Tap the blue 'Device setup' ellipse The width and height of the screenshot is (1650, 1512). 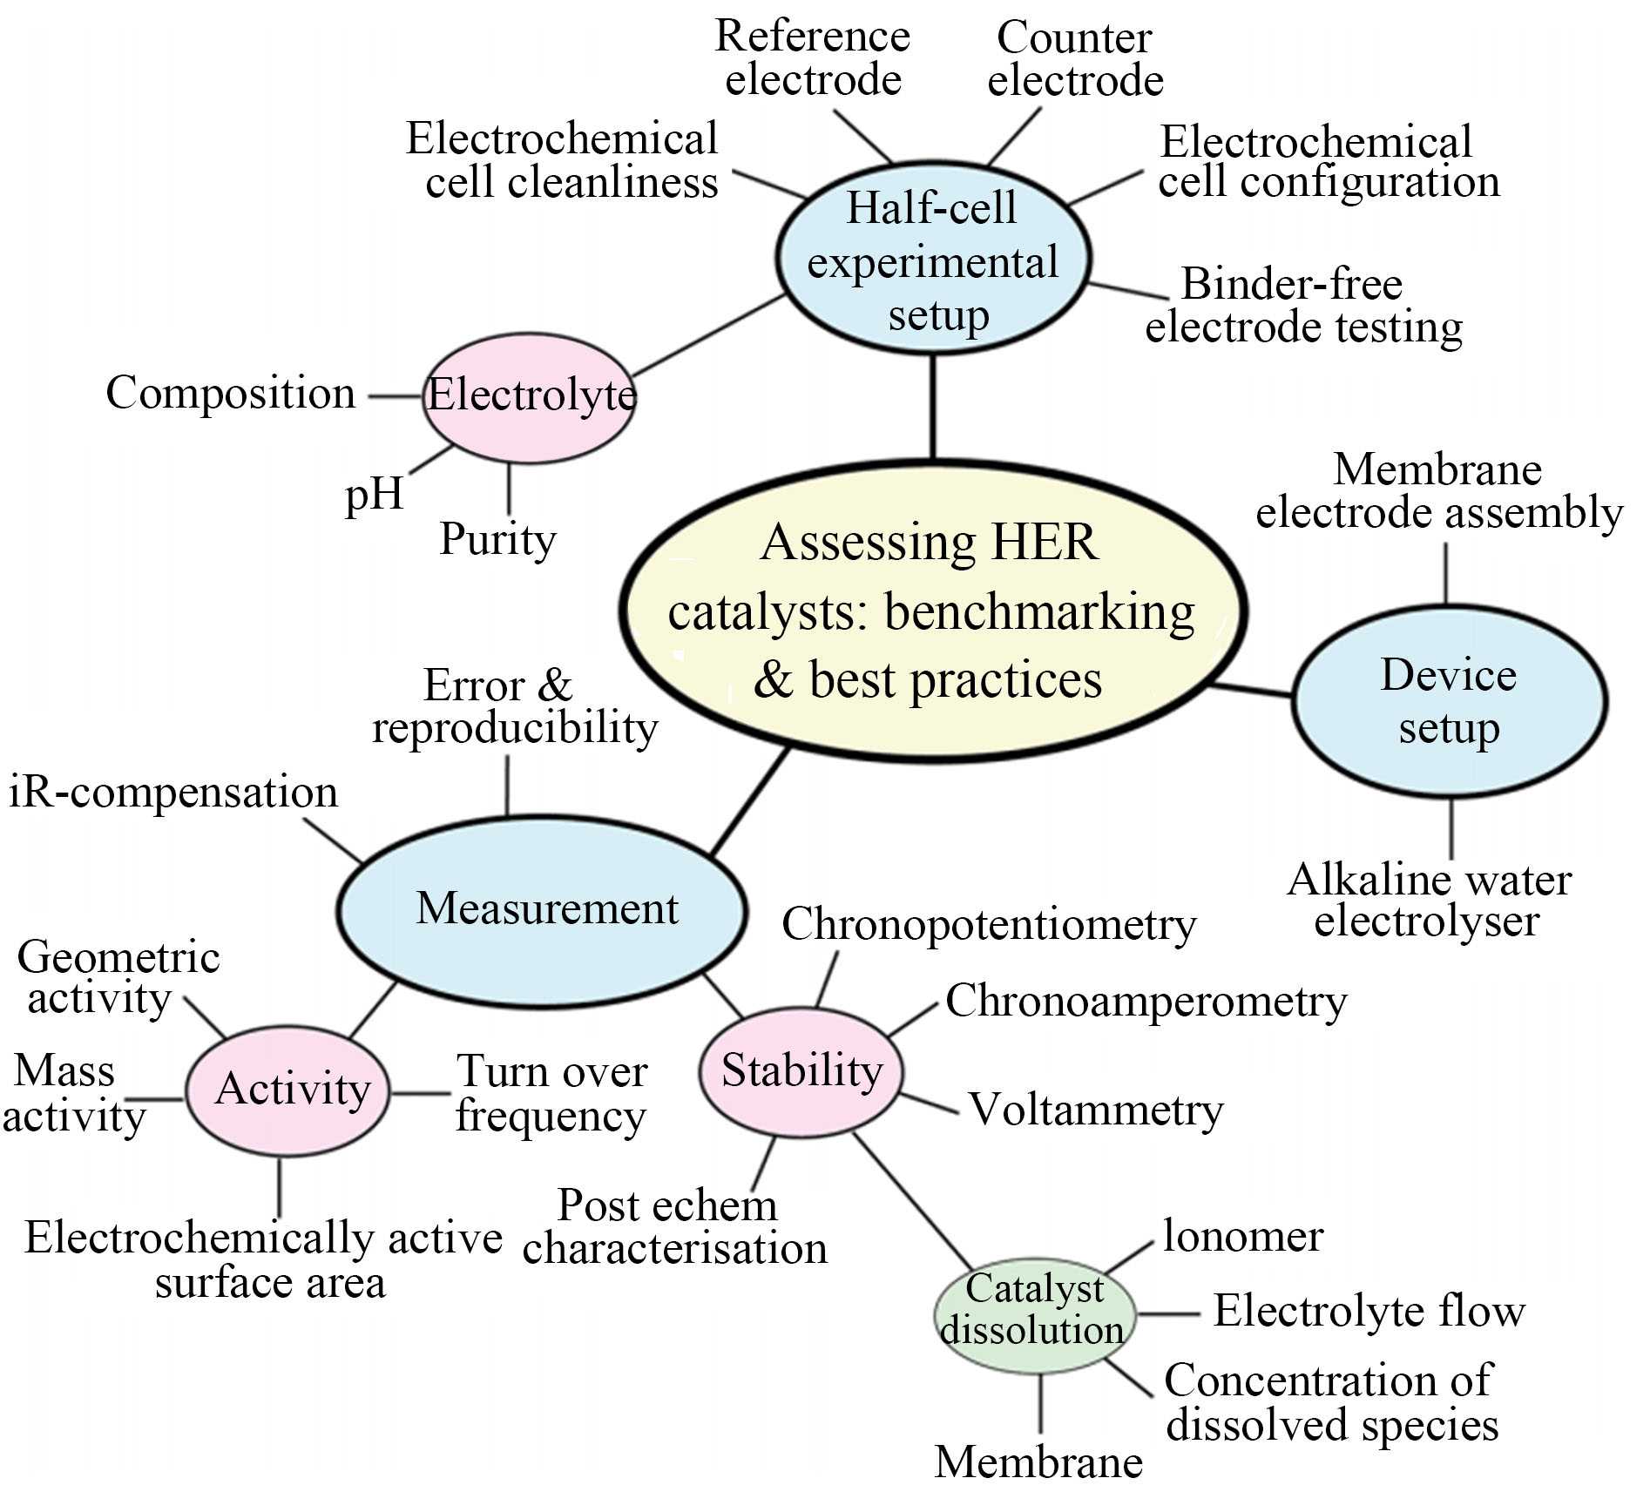(1449, 701)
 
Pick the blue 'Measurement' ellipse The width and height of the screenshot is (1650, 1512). (542, 910)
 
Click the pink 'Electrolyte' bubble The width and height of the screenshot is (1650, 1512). (529, 396)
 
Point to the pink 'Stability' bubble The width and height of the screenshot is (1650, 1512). (801, 1071)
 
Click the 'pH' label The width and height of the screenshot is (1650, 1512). (375, 495)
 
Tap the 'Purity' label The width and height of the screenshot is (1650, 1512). (497, 539)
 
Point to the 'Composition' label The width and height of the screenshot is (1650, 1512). (231, 394)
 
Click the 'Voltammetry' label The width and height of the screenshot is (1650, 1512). (1096, 1110)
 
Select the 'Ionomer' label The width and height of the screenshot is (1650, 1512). (1243, 1237)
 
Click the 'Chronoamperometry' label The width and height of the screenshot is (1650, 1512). (1146, 1002)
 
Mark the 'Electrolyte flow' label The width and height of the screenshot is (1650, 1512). (1369, 1312)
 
